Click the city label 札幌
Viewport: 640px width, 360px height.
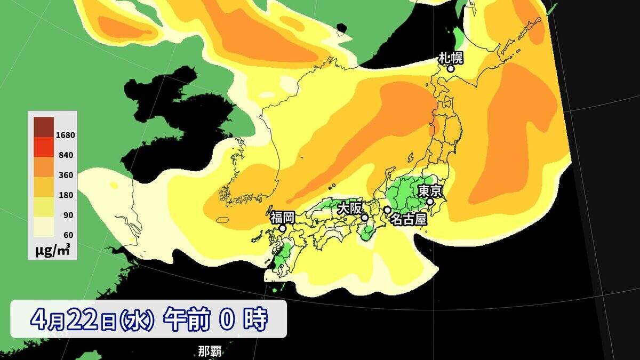pos(451,58)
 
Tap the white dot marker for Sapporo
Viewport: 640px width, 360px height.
pos(451,69)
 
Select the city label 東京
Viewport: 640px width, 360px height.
pos(429,191)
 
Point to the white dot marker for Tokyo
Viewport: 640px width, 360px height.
pos(429,202)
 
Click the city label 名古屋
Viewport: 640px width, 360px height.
pos(409,219)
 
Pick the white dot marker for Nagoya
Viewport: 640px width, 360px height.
pos(387,210)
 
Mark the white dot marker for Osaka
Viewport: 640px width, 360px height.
pos(365,218)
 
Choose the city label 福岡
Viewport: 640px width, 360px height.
pos(282,217)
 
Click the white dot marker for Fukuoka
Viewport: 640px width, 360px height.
pos(282,228)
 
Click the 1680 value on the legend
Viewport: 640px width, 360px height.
pos(67,135)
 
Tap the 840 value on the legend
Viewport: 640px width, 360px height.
pos(67,155)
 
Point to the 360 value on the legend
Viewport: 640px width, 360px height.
pos(67,175)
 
